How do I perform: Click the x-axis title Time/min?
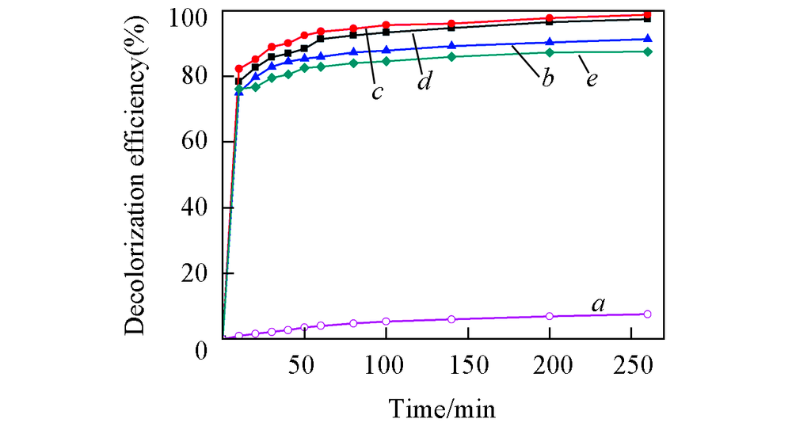click(442, 409)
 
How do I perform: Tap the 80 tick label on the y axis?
click(198, 76)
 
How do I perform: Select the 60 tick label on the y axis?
click(198, 142)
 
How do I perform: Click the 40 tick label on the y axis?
click(198, 208)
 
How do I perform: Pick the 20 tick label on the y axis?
click(198, 273)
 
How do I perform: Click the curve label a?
click(598, 303)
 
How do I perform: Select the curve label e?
click(591, 79)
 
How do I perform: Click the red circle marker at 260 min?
click(648, 15)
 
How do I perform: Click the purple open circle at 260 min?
click(648, 314)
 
